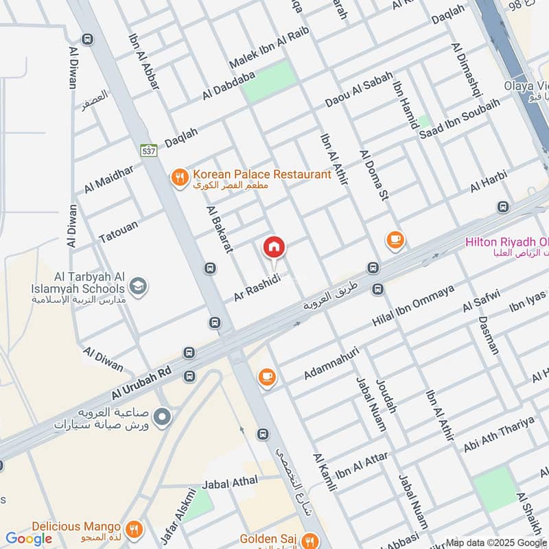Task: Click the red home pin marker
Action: [274, 248]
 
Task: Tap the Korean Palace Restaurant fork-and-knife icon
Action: [179, 178]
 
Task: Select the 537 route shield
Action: [148, 150]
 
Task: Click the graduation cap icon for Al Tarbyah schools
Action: [138, 285]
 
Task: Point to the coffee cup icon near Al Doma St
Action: [395, 240]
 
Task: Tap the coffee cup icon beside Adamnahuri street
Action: [267, 377]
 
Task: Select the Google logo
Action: [29, 539]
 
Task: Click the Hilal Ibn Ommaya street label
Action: [413, 305]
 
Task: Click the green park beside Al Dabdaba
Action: [269, 81]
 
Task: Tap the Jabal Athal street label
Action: [229, 482]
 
